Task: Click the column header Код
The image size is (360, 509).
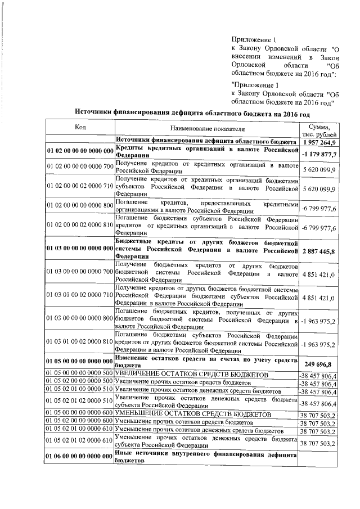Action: click(x=80, y=127)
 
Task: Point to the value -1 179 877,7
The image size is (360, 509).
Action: click(x=318, y=154)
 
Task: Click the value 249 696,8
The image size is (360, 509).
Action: click(x=318, y=348)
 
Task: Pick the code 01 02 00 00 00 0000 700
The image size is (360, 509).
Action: click(x=80, y=166)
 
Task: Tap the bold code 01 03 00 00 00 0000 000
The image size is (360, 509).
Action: click(x=80, y=247)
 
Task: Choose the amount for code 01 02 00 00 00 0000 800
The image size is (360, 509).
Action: click(x=318, y=209)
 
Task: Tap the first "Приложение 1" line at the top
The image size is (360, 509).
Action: click(x=254, y=40)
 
